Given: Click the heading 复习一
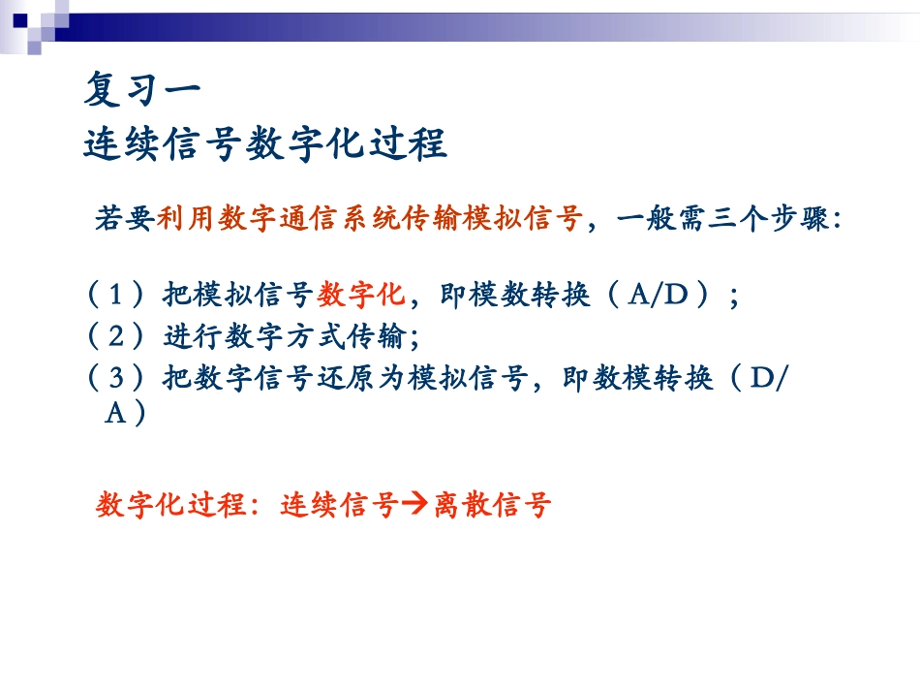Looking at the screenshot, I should point(142,91).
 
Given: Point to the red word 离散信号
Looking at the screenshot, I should point(493,505).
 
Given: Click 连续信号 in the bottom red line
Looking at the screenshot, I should point(339,505).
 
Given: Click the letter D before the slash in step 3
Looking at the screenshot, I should point(763,379).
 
